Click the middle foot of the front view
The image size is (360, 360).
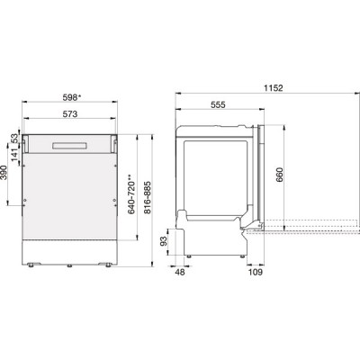70,265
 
